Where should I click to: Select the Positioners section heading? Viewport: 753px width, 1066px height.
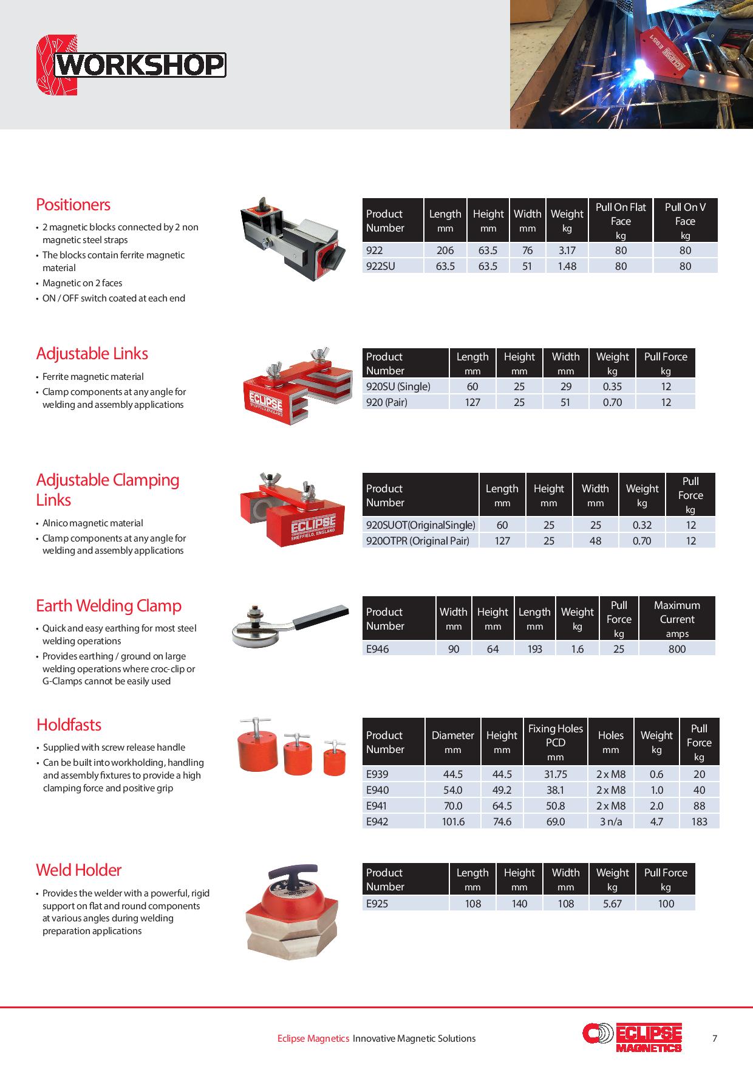(x=73, y=205)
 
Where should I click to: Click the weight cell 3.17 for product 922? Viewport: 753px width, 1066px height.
(x=567, y=250)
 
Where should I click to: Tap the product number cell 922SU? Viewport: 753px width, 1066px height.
(x=381, y=266)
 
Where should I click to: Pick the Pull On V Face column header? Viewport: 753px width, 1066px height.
(x=685, y=221)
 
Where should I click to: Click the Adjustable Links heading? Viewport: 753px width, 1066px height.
(x=92, y=354)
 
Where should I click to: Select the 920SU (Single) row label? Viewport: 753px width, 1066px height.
(x=398, y=387)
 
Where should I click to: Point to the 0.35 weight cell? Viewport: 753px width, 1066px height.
(x=612, y=387)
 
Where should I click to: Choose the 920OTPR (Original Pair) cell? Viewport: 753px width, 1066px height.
(x=418, y=541)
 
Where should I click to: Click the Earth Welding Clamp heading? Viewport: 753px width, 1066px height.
(x=109, y=606)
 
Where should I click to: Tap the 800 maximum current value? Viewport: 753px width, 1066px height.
(x=676, y=649)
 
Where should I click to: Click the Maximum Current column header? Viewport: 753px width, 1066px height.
(x=676, y=619)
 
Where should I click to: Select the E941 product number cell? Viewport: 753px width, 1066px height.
(x=378, y=806)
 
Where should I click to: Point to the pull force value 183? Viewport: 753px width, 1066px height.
(x=699, y=822)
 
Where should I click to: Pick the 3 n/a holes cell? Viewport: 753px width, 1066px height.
(x=610, y=822)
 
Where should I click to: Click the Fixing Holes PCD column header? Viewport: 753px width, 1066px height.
(x=555, y=742)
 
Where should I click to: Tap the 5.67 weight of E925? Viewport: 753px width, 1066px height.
(x=612, y=904)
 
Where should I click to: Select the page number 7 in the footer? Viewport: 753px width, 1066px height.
(x=715, y=1039)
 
